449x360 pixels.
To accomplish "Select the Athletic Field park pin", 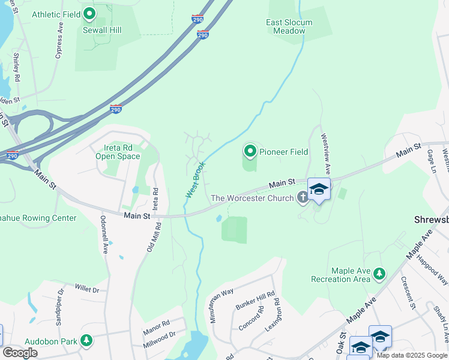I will pos(89,13).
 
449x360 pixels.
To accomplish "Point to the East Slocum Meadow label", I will pos(289,26).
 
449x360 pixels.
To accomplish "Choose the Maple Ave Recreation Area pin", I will pos(379,274).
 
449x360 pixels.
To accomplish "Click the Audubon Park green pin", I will pos(86,341).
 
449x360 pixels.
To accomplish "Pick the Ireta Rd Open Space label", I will pos(118,152).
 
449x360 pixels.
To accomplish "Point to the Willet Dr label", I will pos(87,289).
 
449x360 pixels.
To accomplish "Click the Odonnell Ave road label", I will pos(104,235).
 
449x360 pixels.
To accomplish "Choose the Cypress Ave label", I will pos(59,41).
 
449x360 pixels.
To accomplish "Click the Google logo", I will pos(20,353).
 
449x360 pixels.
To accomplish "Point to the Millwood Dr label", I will pos(159,340).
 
